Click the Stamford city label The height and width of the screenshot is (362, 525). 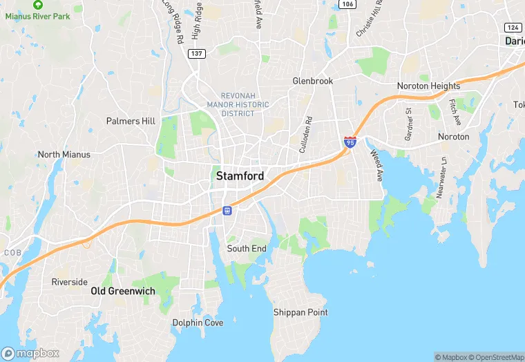point(240,176)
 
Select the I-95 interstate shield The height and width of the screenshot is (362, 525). point(350,142)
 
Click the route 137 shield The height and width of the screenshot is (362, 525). point(197,54)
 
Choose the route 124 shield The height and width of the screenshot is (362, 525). point(512,27)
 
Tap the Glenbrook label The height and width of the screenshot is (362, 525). point(312,81)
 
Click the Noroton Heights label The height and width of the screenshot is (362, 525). point(428,86)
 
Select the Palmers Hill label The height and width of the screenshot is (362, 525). point(131,121)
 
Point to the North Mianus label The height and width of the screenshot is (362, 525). point(64,155)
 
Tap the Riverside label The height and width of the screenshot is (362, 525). point(69,282)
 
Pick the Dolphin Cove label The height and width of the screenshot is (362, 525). point(198,323)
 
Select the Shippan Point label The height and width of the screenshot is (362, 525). point(300,312)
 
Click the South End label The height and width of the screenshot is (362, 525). point(247,249)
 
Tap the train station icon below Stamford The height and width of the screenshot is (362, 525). point(227,210)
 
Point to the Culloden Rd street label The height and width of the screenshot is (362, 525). point(305,134)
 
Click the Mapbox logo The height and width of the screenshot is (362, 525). point(30,353)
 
